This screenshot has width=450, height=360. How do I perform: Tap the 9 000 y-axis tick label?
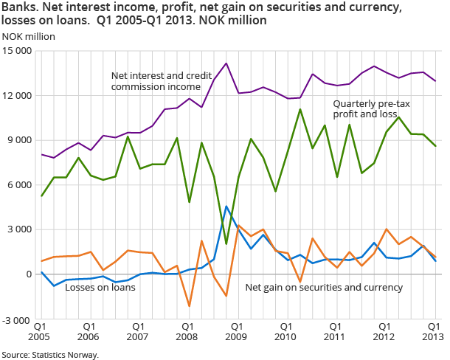click(x=21, y=140)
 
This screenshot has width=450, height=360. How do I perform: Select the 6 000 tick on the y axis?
click(x=21, y=185)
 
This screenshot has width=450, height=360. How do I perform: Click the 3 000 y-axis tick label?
click(x=21, y=229)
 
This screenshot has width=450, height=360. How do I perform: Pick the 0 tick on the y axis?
click(x=30, y=274)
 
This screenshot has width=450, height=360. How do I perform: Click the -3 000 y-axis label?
click(x=20, y=319)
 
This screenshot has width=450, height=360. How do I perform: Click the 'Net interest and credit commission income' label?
click(x=160, y=81)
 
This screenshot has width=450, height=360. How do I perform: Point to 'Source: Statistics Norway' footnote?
click(x=50, y=355)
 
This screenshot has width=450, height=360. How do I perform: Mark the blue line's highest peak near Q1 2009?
click(x=226, y=206)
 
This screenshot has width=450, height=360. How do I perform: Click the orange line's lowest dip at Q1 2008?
click(x=189, y=305)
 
